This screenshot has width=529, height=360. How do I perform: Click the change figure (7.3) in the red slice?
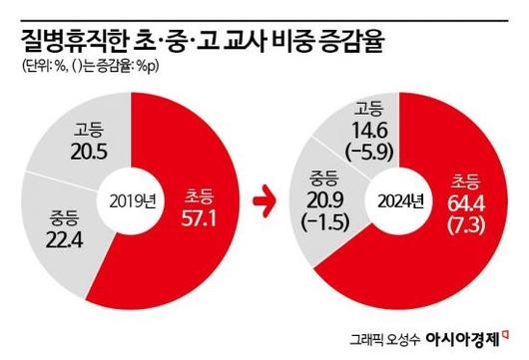pyautogui.click(x=460, y=227)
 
